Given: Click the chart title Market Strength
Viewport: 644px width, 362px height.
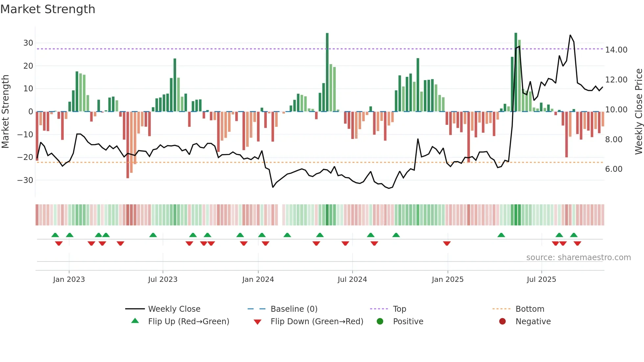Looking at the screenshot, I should point(48,9).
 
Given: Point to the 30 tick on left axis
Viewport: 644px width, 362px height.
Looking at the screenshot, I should point(28,43).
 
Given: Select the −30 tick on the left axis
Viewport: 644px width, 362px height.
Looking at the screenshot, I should point(25,180).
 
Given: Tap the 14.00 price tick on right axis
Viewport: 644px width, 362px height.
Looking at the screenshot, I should point(616,50).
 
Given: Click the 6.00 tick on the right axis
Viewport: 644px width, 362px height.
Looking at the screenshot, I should point(613,169).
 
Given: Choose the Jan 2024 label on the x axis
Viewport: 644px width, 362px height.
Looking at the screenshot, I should point(258,280).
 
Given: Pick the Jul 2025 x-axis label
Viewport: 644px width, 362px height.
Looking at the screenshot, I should point(541,280).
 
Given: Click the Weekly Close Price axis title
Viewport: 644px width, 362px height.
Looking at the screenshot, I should point(638,112).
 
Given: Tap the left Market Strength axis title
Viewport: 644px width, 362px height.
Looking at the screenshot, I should point(5,112).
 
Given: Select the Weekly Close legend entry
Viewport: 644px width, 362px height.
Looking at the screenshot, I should point(174,309).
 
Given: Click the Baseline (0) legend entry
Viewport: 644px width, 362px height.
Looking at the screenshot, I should point(294,309).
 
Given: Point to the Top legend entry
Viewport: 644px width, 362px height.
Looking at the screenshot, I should point(399,309).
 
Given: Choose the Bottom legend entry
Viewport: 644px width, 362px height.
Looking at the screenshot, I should point(530,309).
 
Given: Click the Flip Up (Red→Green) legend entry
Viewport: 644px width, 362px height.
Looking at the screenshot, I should point(188,322).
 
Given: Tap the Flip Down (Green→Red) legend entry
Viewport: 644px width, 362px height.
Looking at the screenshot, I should point(317,322).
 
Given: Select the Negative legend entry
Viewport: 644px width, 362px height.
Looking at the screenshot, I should point(533,322).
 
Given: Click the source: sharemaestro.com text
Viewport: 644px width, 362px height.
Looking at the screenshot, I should point(578,258).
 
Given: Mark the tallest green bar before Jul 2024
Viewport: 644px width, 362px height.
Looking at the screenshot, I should point(327,72).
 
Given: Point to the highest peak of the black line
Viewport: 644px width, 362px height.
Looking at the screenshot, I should point(570,35).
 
